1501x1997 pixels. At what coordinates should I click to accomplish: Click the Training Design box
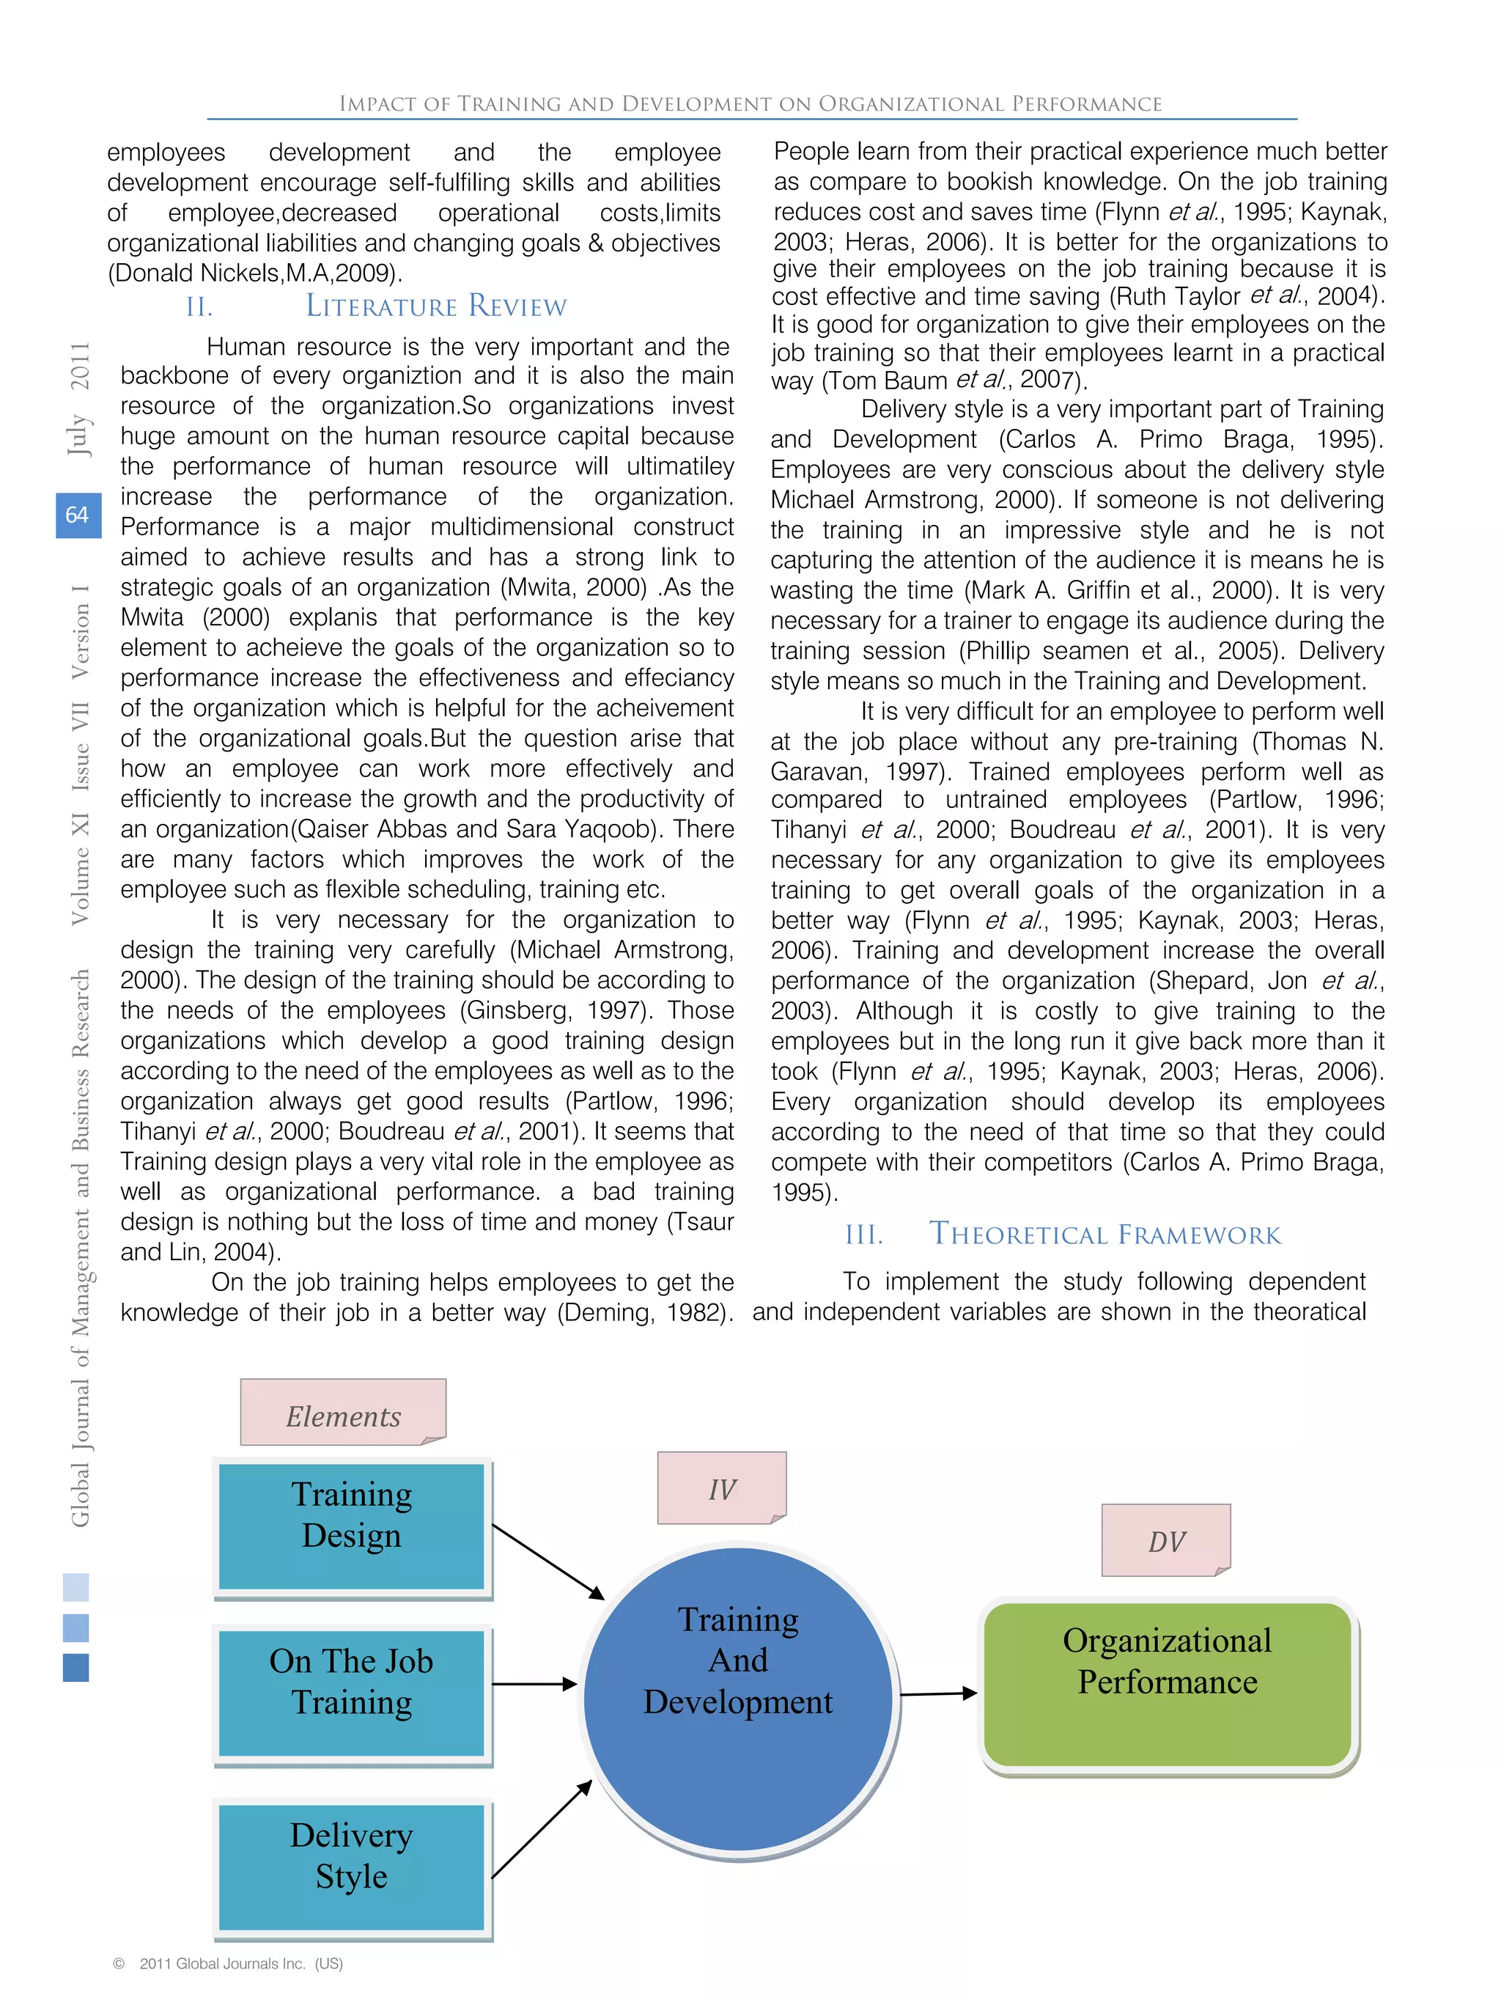click(352, 1526)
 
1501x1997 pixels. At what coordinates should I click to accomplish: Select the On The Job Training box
click(352, 1693)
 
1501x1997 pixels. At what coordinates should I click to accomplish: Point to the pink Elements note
click(343, 1412)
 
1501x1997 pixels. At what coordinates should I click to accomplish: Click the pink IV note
click(722, 1487)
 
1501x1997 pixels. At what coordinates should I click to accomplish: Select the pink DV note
click(1166, 1540)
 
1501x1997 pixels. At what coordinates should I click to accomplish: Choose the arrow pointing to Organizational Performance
click(939, 1693)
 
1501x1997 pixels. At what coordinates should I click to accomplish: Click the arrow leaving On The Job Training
click(534, 1684)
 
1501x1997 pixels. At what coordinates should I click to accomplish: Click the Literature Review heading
click(436, 307)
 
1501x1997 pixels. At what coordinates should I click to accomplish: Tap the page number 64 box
click(78, 515)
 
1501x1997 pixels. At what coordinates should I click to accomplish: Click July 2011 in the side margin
click(79, 397)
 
